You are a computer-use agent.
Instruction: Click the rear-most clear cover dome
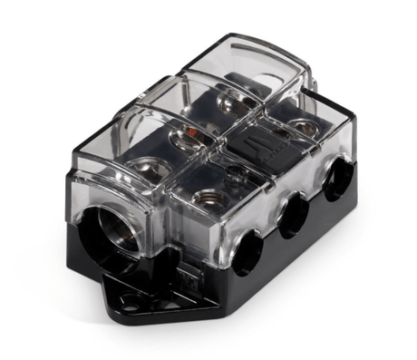point(245,63)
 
